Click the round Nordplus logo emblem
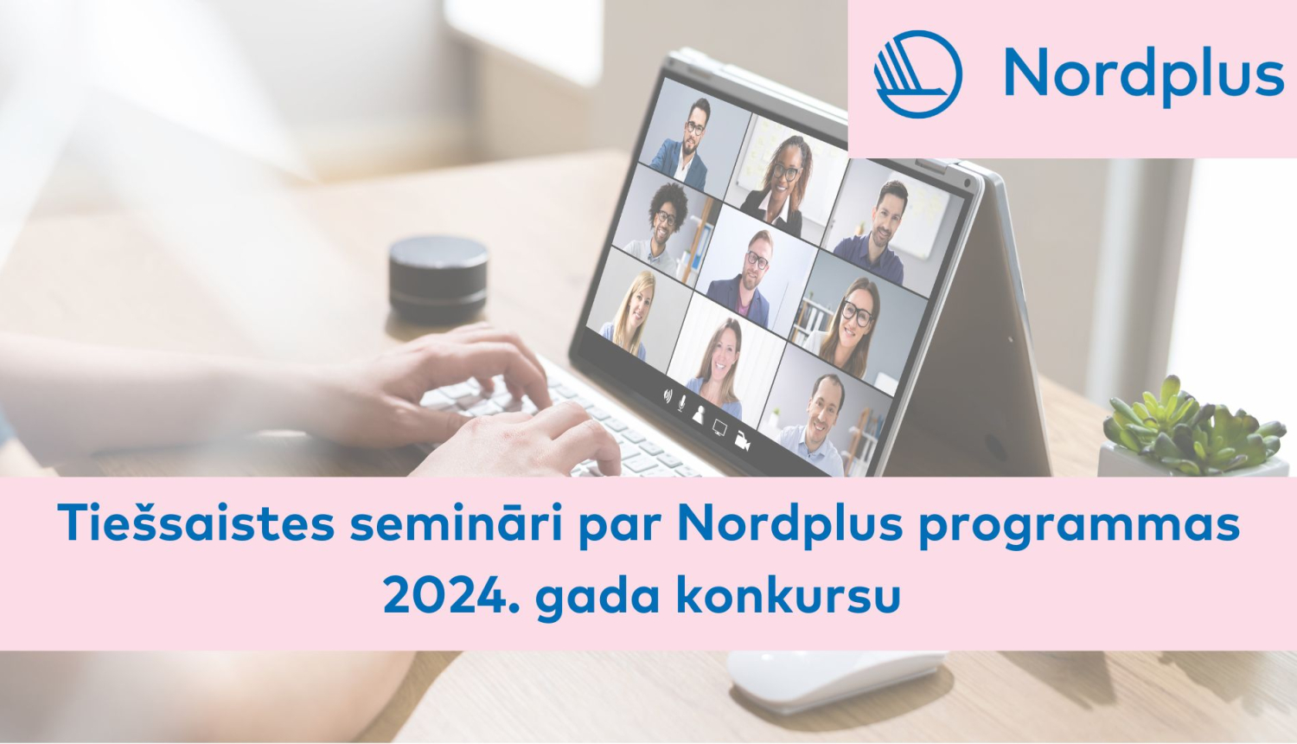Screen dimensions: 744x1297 pos(917,74)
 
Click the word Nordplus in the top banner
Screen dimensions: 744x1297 pos(1143,74)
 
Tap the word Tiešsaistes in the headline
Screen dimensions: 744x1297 pos(195,523)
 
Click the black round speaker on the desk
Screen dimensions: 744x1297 pos(438,278)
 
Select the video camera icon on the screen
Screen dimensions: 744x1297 pos(742,439)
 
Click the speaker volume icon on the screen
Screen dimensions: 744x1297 pos(668,395)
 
